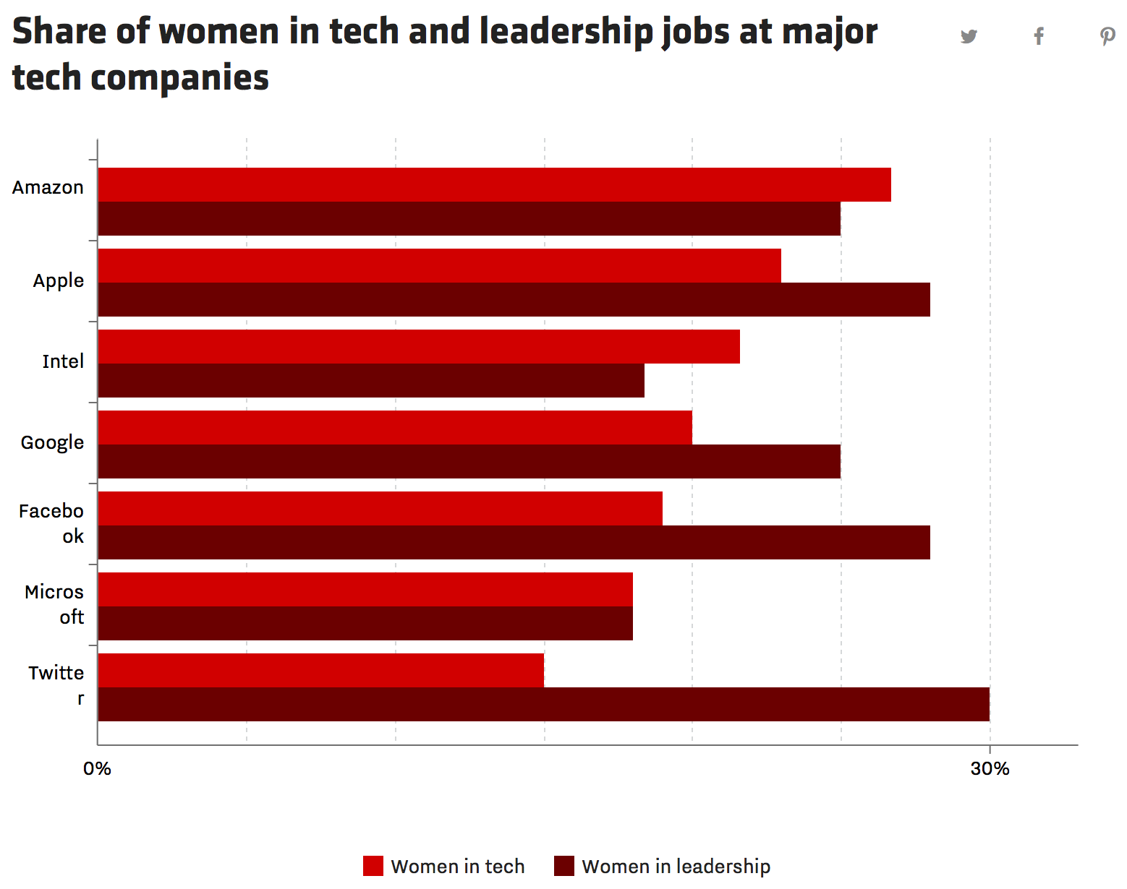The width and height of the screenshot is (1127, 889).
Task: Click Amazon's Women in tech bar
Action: tap(494, 185)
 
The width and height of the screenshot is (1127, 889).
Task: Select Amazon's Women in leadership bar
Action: tap(469, 218)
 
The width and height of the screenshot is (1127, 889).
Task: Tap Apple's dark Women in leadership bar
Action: tap(514, 299)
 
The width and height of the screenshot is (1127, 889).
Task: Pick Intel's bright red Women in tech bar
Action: tap(419, 347)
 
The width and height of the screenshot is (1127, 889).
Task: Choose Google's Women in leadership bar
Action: tap(469, 461)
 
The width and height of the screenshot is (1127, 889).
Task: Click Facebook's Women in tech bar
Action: tap(380, 509)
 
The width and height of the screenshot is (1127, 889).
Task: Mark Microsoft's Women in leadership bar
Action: tap(365, 623)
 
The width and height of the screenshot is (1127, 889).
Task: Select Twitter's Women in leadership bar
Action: tap(543, 704)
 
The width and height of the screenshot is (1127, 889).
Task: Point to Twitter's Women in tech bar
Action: tap(320, 671)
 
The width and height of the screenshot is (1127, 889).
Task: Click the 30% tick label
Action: tap(990, 768)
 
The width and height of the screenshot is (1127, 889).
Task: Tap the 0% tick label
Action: tap(97, 768)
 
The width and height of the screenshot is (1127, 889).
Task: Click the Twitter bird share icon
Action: tap(969, 36)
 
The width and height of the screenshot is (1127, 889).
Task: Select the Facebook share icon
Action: tap(1039, 36)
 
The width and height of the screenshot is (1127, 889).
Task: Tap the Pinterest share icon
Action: tap(1107, 36)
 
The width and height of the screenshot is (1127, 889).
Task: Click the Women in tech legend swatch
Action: tap(373, 866)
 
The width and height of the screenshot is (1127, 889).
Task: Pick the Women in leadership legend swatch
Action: tap(564, 866)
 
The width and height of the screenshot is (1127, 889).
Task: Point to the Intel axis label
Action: tap(63, 361)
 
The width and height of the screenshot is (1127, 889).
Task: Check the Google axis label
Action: tap(52, 442)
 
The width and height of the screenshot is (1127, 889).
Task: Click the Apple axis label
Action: tap(59, 280)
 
